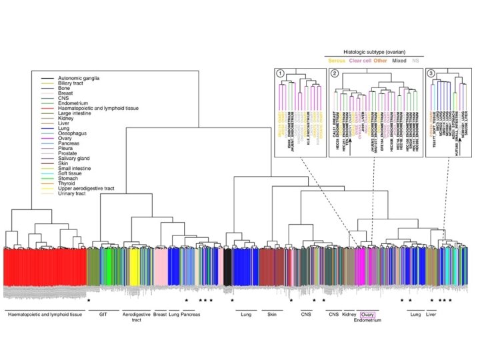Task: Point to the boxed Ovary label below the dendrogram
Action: (368, 313)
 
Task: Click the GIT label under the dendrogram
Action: (103, 313)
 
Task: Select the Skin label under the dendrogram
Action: (271, 313)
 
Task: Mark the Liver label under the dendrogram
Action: (431, 313)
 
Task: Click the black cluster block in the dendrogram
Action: (228, 267)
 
